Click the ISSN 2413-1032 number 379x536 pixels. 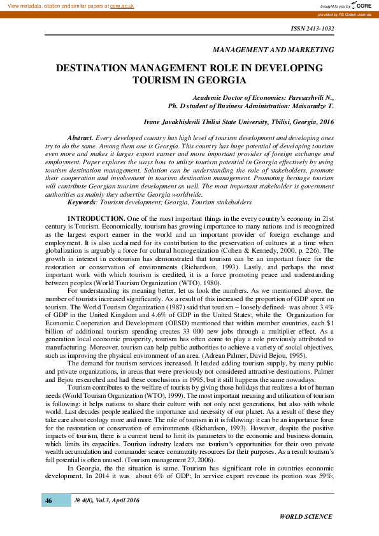(x=311, y=29)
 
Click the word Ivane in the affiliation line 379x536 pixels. (x=155, y=120)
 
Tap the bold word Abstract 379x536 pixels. (x=80, y=138)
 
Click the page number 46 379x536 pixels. (x=48, y=500)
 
